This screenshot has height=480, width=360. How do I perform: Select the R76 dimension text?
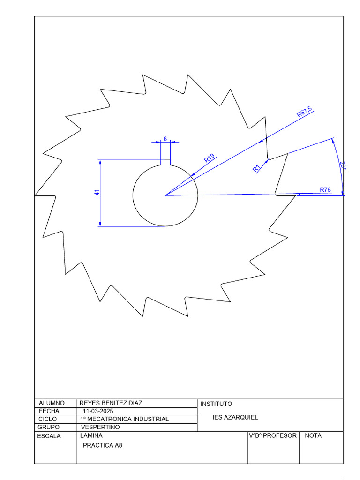(325, 189)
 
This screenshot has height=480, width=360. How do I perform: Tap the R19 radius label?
(210, 158)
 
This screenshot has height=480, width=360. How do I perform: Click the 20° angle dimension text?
(343, 166)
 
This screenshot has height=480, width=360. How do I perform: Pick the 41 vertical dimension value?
(97, 193)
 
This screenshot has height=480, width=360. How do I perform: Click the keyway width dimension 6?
(165, 139)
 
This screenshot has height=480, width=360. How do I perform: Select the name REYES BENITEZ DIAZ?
(111, 403)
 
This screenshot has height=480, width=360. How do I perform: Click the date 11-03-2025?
(98, 411)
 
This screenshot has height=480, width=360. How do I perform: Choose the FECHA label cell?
(49, 411)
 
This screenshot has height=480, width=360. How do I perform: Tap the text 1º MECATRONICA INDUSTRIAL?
(124, 419)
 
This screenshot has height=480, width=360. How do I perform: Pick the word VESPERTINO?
(100, 427)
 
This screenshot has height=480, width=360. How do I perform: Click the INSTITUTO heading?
(216, 404)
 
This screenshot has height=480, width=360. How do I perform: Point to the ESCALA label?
(49, 436)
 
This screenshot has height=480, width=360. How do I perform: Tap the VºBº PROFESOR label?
(273, 435)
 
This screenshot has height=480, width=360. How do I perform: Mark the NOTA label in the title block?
(313, 435)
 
